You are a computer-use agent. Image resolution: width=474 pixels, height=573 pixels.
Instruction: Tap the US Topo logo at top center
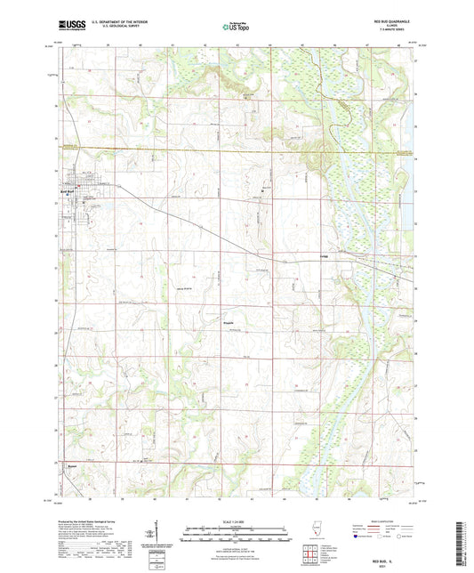(236, 28)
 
